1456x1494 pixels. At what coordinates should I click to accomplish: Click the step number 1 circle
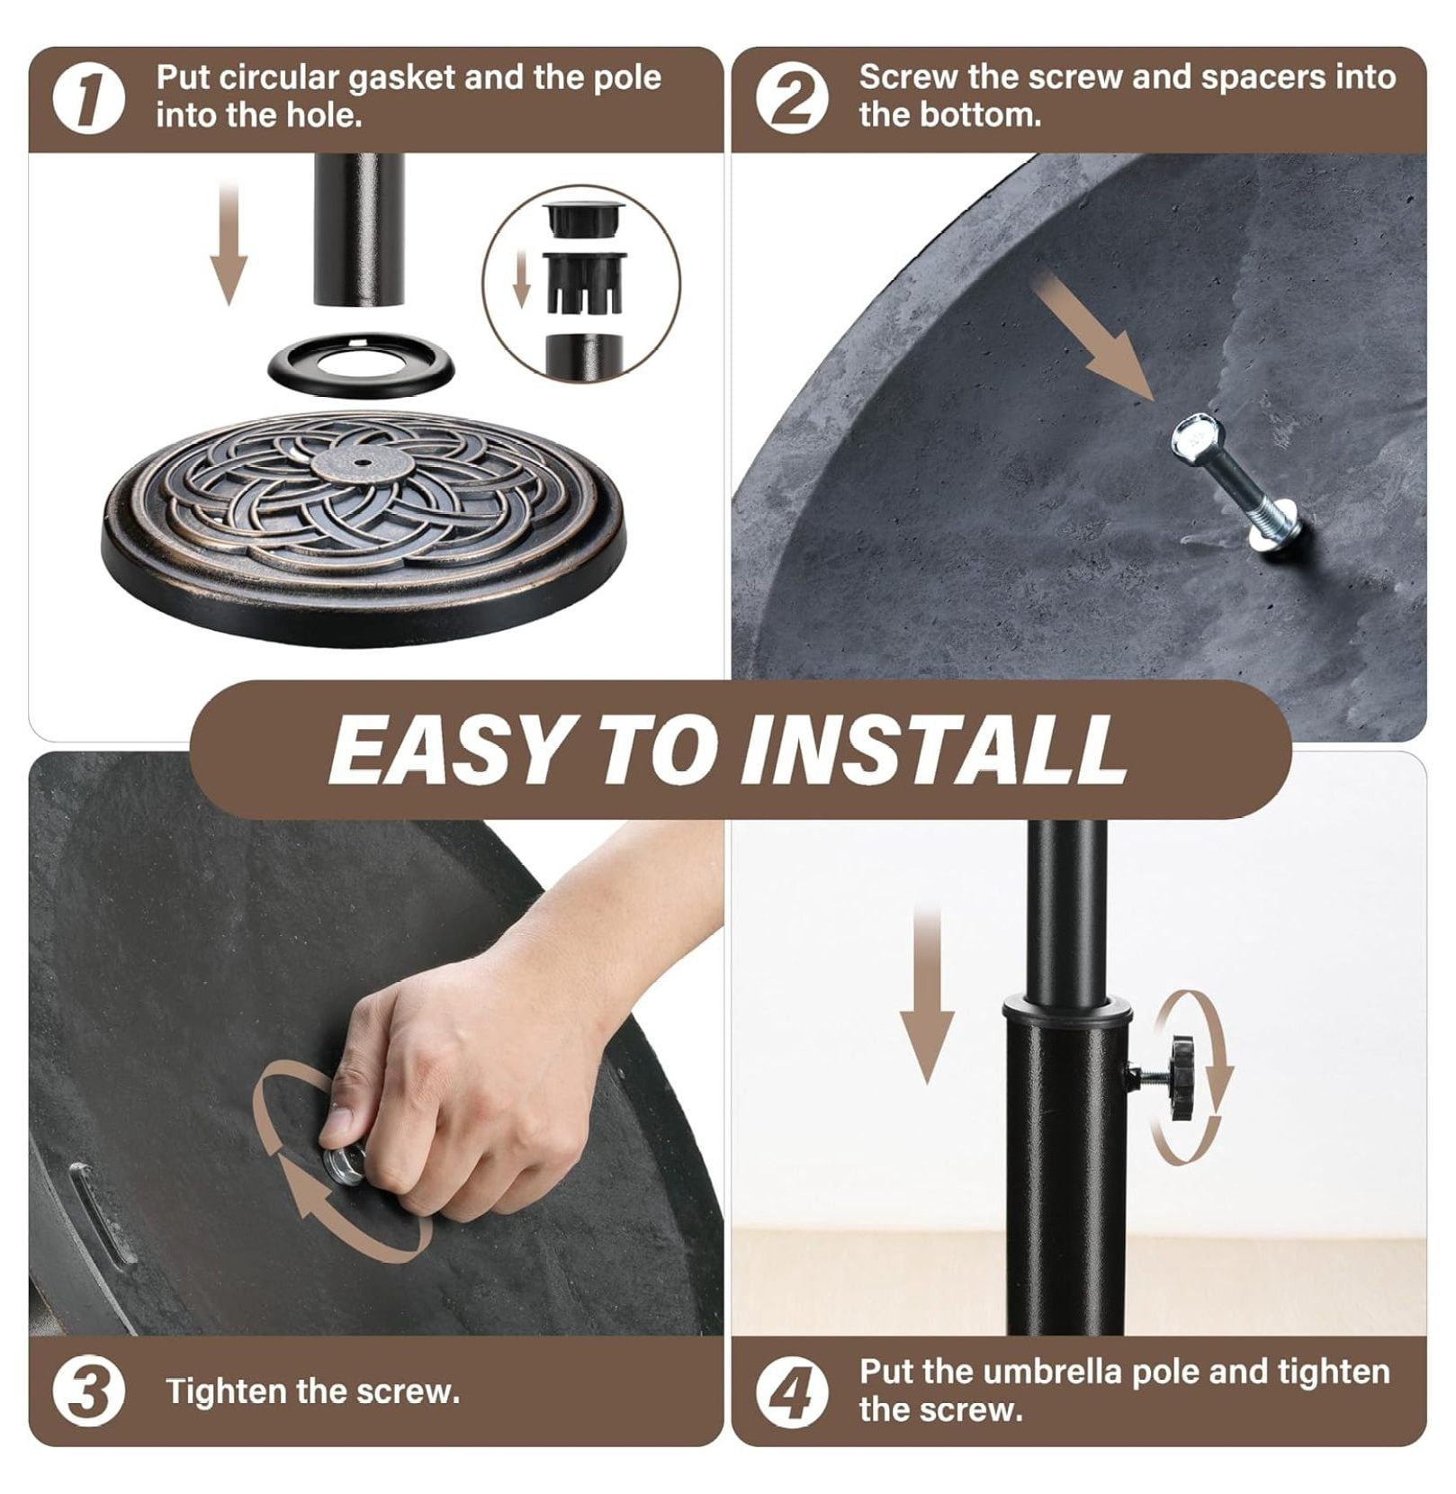(88, 98)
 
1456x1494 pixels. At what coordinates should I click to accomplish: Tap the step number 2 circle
(792, 98)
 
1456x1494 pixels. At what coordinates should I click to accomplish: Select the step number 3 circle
(88, 1390)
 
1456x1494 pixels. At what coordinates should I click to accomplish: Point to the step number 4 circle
(792, 1390)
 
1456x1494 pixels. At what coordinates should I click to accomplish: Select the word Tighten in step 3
(226, 1391)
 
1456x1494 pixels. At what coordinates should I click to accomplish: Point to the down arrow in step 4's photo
(927, 995)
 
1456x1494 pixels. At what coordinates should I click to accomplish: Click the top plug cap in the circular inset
(584, 217)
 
